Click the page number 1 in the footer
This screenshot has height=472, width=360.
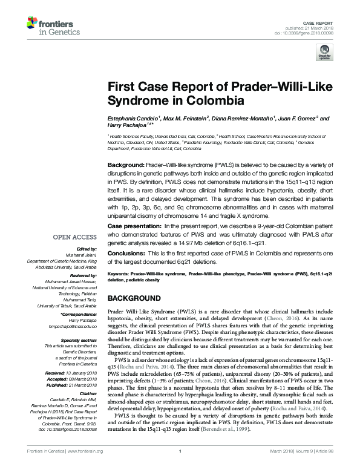[x=180, y=467]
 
